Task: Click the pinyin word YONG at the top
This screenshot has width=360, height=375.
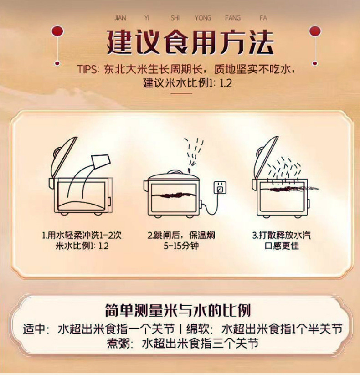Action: coord(203,18)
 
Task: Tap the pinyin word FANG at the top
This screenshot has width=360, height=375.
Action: coord(233,18)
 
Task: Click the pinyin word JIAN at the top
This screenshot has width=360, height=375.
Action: coord(120,18)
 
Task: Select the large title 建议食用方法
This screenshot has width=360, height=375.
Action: coord(190,42)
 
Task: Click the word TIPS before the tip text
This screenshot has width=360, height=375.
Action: coord(87,69)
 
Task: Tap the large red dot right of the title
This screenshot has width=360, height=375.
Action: coord(315,31)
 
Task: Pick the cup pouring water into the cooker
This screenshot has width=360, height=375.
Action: coord(101,161)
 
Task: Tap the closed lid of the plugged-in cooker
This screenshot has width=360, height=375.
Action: coord(174,175)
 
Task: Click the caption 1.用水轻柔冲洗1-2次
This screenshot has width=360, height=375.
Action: coord(82,235)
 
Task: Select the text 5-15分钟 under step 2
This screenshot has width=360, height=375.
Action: coord(181,246)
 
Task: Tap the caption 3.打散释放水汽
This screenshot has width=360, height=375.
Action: coord(282,235)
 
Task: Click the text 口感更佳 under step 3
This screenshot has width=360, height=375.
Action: coord(282,246)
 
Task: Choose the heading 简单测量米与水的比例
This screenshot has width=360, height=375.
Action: coord(178,311)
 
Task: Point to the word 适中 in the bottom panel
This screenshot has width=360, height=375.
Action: coord(34,329)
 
